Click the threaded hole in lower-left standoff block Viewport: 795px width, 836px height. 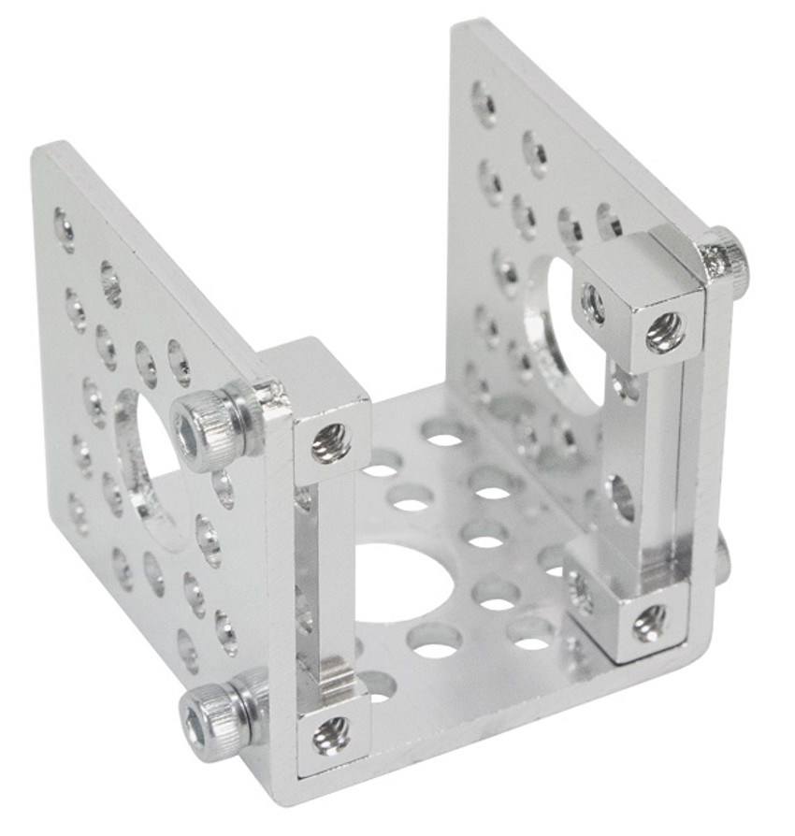[x=331, y=735]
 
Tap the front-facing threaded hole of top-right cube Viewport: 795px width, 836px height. [x=664, y=331]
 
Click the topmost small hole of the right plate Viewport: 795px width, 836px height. [x=484, y=102]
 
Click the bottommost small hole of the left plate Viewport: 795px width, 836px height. [x=186, y=651]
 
